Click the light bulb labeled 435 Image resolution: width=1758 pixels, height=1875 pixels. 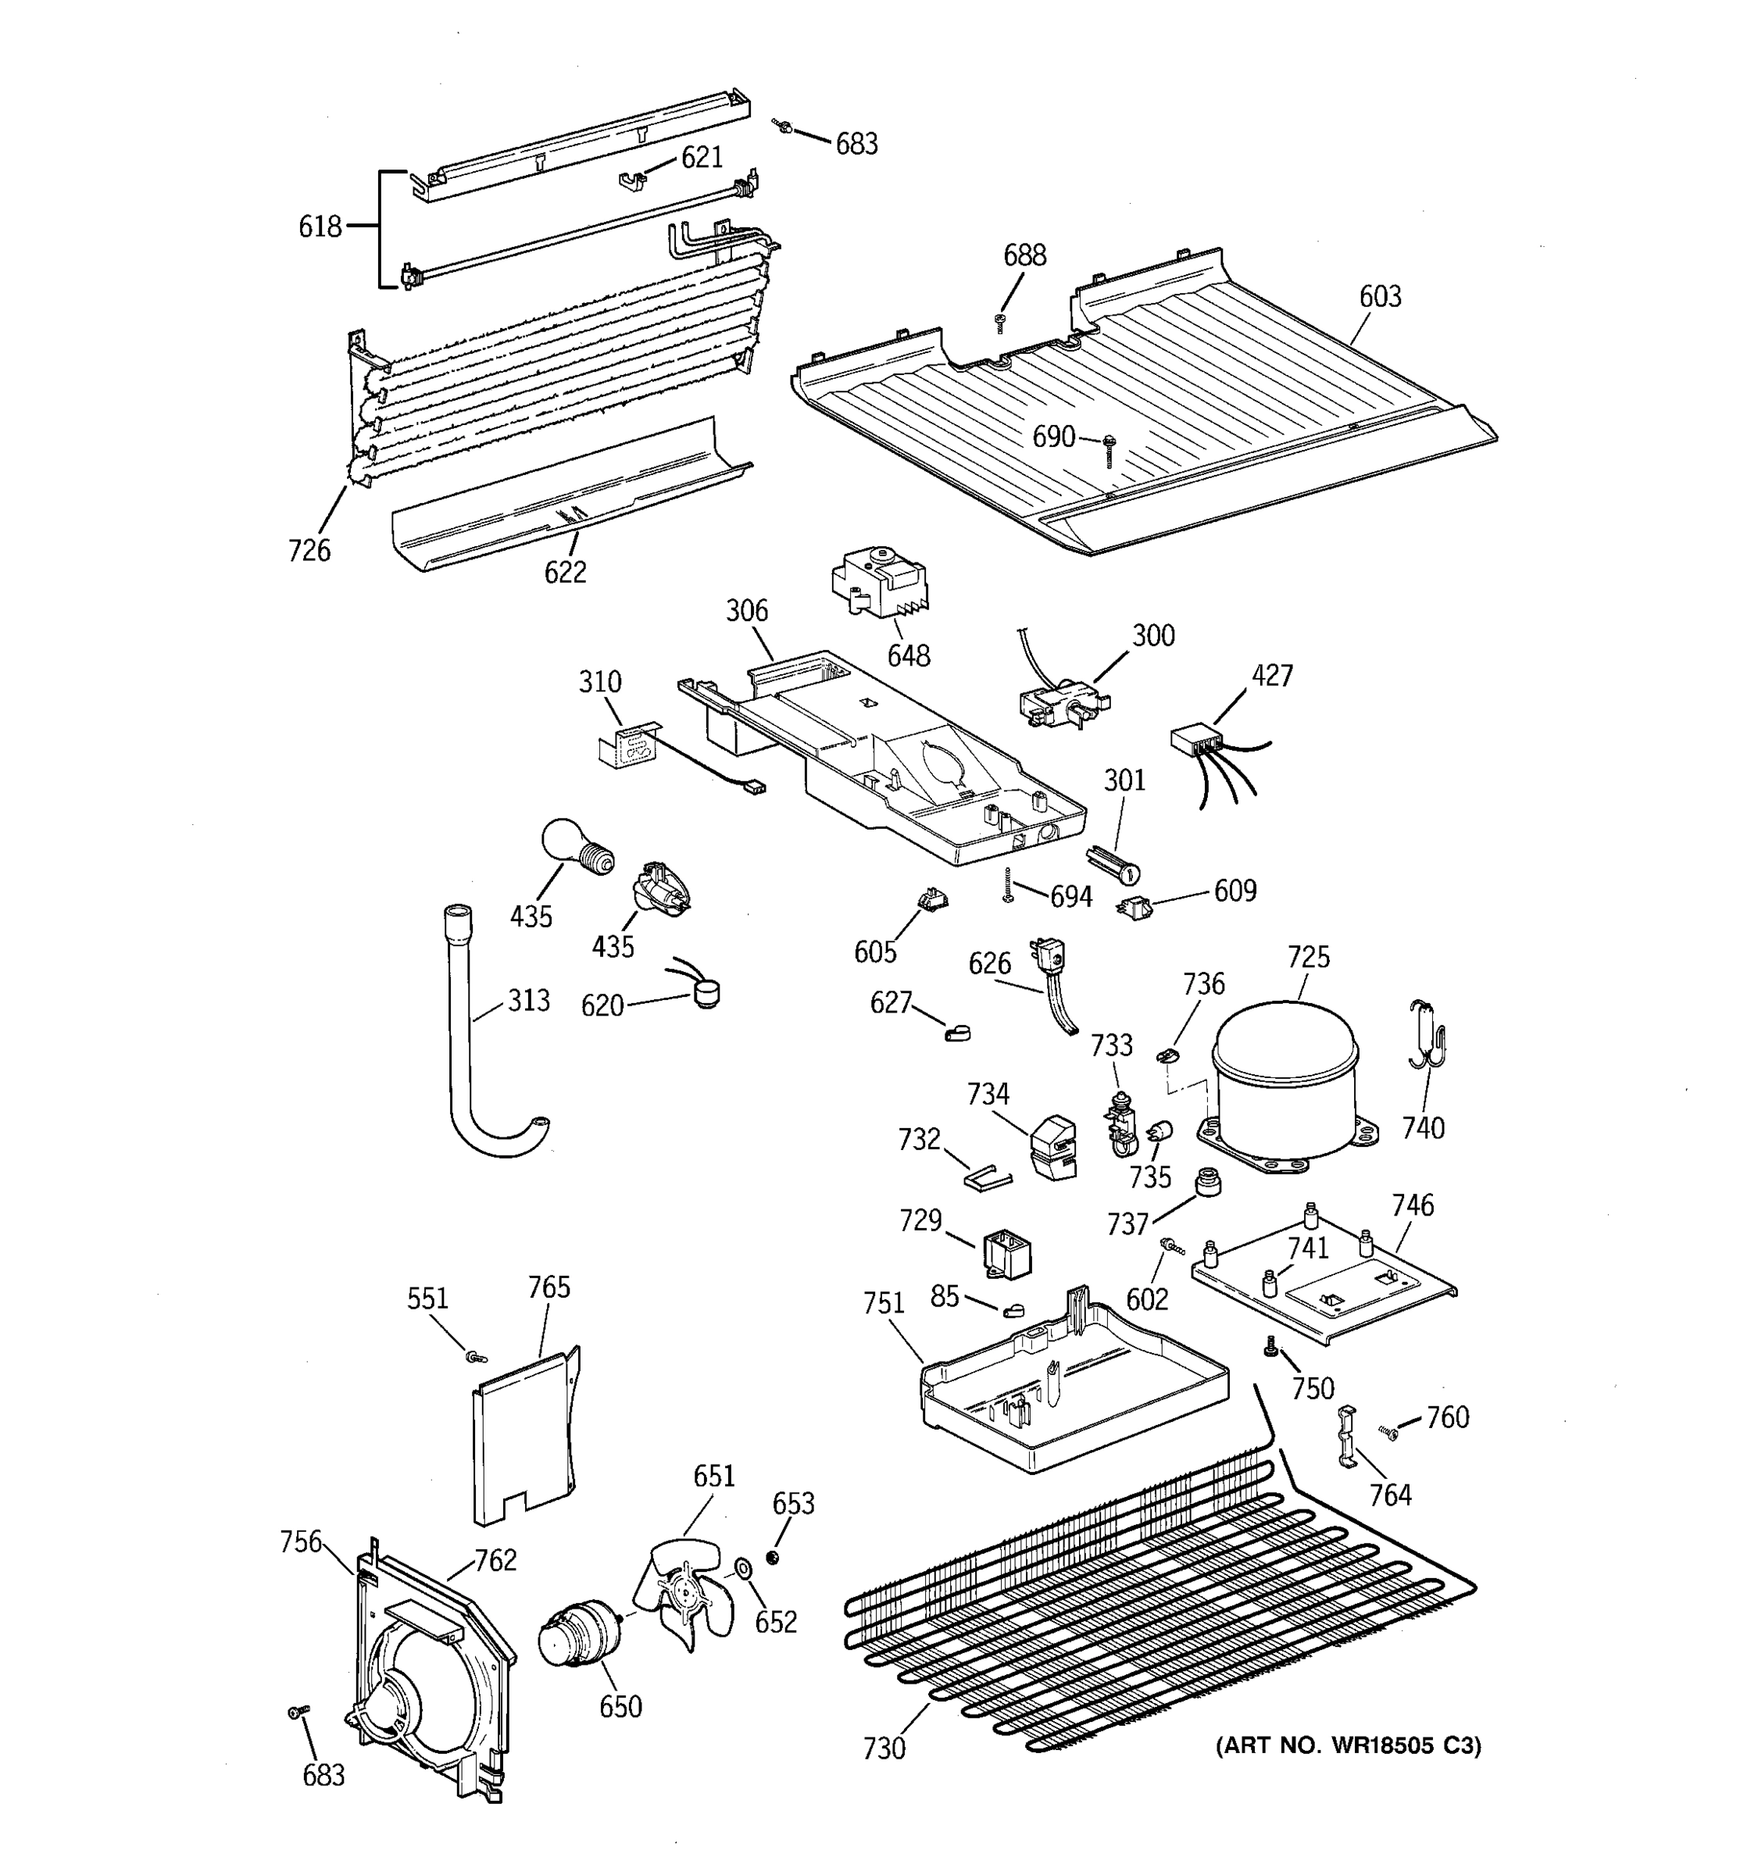[573, 845]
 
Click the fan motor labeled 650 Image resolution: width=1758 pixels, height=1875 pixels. [577, 1638]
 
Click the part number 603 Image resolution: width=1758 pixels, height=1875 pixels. [1380, 296]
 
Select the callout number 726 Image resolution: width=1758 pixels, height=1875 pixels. [309, 550]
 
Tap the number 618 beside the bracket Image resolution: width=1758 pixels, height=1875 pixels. [320, 227]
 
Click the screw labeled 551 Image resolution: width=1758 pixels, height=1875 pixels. [474, 1356]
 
